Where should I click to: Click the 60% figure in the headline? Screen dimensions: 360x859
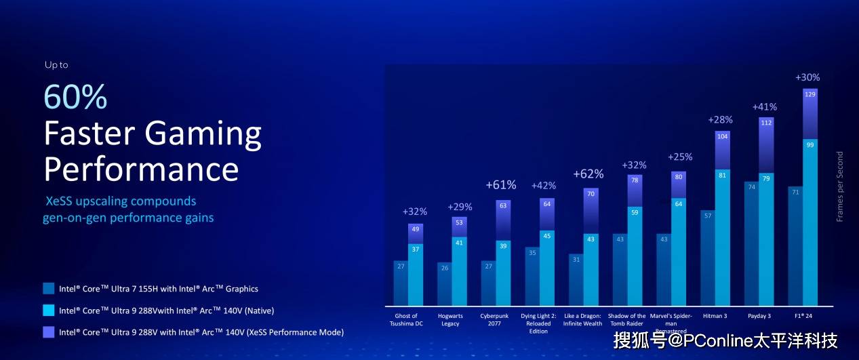click(x=75, y=97)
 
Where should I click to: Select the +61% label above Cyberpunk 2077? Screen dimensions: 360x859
click(x=500, y=185)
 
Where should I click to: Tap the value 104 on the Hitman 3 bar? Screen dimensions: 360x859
click(x=723, y=136)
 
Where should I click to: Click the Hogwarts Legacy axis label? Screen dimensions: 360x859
click(x=450, y=320)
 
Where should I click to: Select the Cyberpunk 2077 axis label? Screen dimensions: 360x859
click(x=494, y=320)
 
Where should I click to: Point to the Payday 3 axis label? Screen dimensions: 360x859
click(x=759, y=316)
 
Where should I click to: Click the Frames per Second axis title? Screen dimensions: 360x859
click(x=840, y=186)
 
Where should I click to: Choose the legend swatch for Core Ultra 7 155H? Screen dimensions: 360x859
click(x=48, y=289)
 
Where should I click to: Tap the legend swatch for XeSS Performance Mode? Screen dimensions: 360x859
click(x=48, y=332)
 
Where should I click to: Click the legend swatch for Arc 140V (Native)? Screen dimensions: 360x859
click(x=48, y=311)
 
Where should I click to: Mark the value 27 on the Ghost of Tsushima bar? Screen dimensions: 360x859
click(x=400, y=267)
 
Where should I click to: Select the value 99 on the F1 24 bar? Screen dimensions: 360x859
click(x=810, y=145)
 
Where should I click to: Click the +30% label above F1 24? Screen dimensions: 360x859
click(x=807, y=77)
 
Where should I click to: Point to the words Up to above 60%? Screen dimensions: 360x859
click(x=56, y=65)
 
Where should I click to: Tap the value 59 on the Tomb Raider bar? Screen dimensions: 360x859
click(x=635, y=212)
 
